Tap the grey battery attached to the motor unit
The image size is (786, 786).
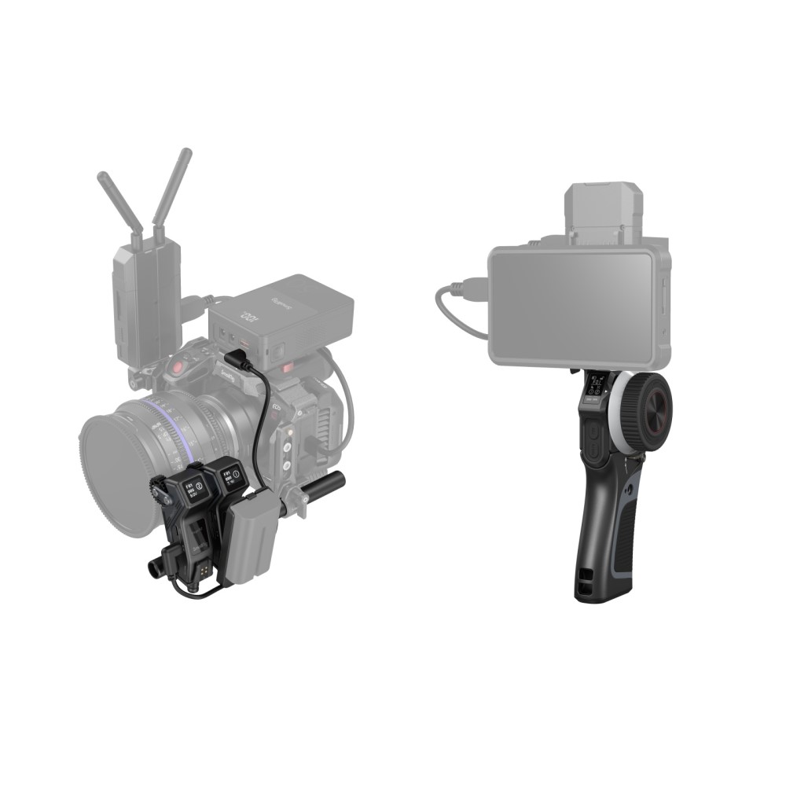252,542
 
